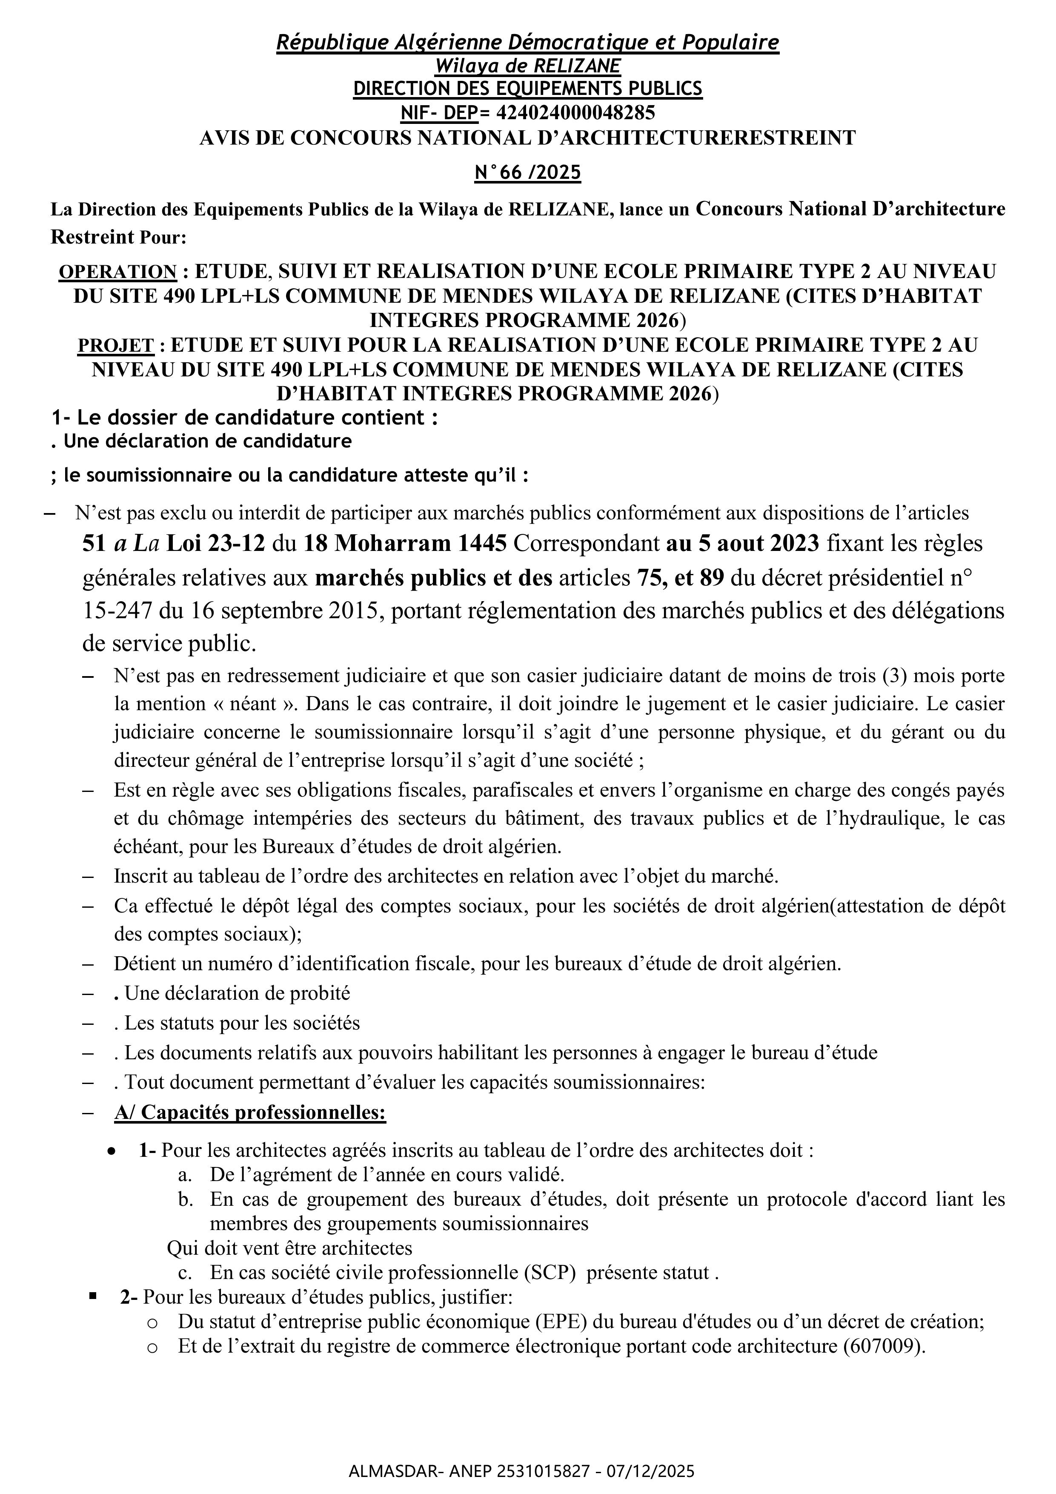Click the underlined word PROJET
coord(116,345)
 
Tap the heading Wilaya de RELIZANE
coord(528,66)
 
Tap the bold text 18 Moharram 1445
coord(405,543)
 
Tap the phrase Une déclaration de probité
coord(238,993)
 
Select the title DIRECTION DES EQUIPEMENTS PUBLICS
coord(528,89)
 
